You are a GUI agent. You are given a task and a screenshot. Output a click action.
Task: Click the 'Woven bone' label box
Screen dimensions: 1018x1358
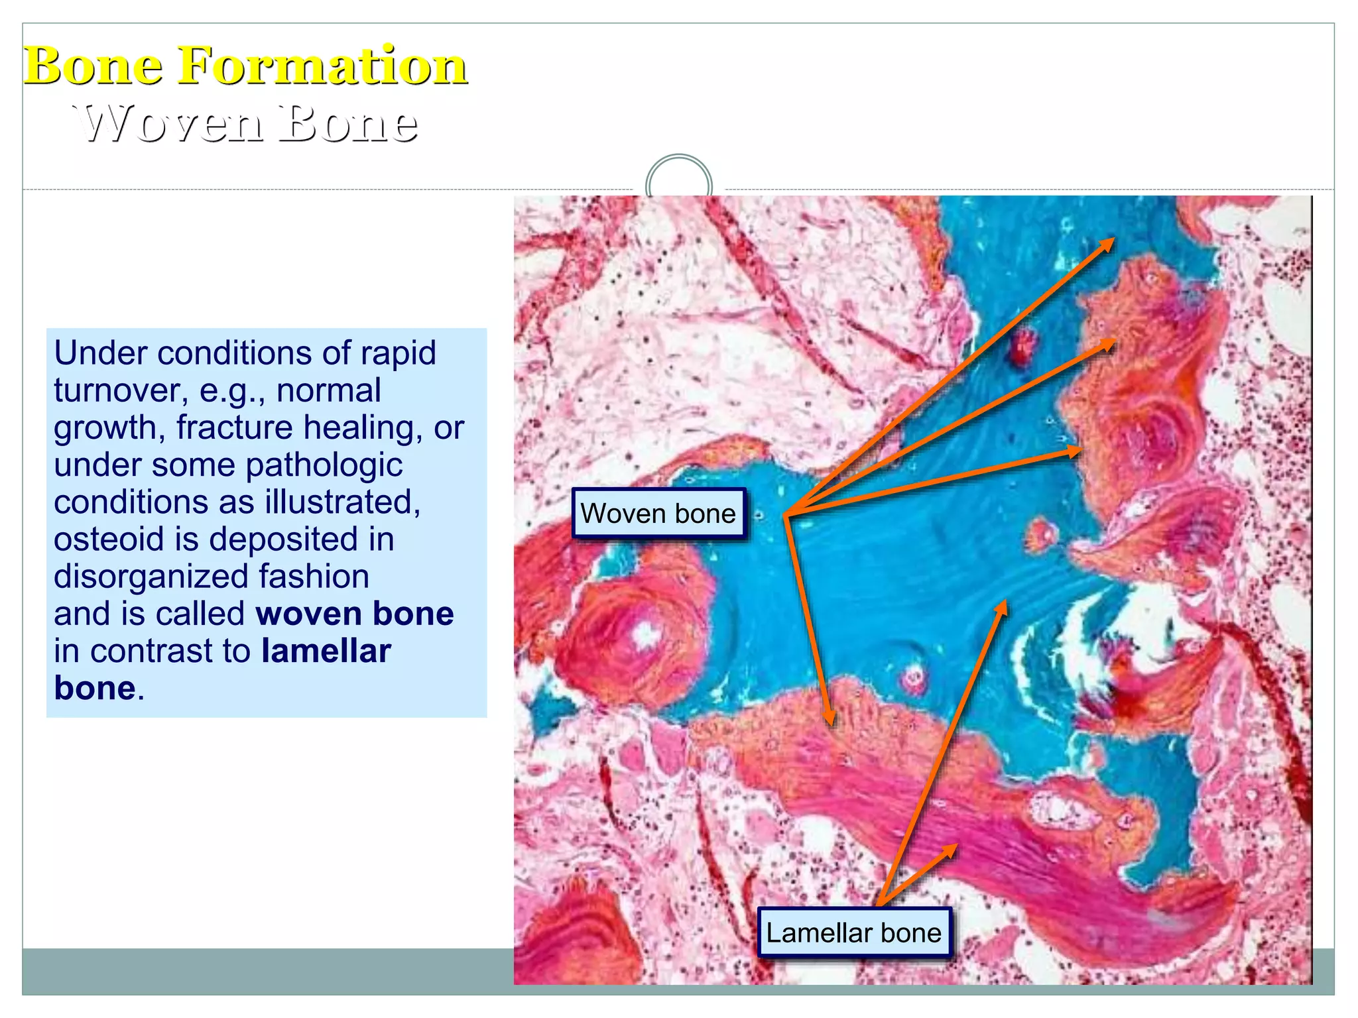(x=658, y=514)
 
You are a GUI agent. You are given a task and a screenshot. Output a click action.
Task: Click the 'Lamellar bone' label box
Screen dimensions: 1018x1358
(x=853, y=933)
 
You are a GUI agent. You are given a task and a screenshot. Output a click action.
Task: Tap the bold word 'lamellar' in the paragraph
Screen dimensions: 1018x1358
(x=326, y=651)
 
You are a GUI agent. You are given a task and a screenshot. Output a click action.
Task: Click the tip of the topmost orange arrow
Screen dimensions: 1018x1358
(x=1112, y=240)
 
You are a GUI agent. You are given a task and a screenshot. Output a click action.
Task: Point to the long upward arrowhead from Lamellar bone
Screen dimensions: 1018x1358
(x=1005, y=602)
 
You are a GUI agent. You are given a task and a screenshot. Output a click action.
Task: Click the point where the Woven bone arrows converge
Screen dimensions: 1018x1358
(x=785, y=515)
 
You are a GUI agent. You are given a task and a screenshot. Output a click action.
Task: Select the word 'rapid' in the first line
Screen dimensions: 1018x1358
(x=397, y=353)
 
